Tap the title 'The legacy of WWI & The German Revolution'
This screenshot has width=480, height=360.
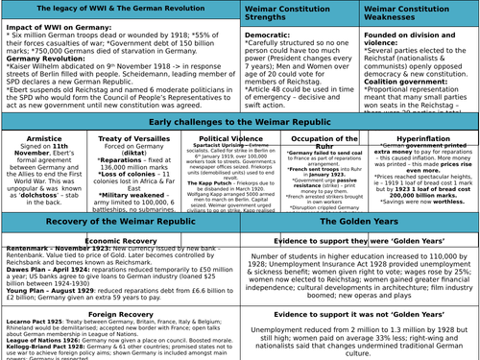pyautogui.click(x=119, y=9)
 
